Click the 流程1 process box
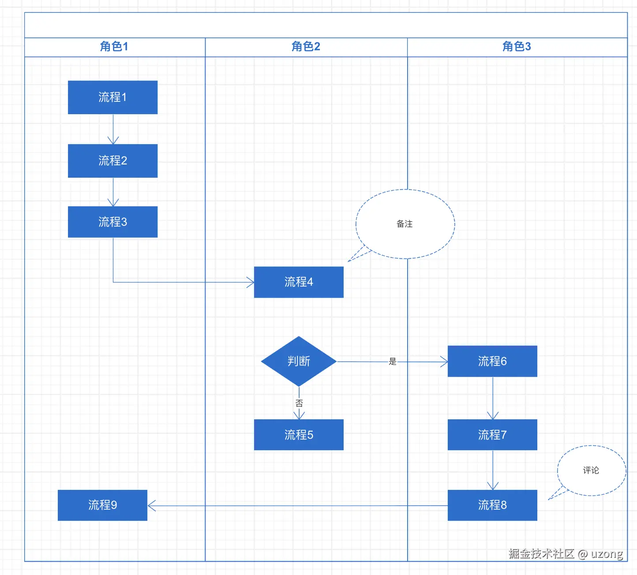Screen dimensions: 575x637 (x=112, y=97)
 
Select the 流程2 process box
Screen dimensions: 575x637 (x=112, y=161)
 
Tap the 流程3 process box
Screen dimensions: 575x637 (x=112, y=222)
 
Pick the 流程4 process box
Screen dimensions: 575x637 (x=299, y=282)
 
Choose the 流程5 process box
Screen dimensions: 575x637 (x=299, y=435)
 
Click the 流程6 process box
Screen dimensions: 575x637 (x=492, y=361)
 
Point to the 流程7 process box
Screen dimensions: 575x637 (x=492, y=435)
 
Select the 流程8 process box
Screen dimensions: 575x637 (x=492, y=505)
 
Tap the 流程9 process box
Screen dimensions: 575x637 (x=102, y=505)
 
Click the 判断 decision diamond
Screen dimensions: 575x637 (x=299, y=362)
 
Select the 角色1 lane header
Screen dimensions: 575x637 (x=114, y=47)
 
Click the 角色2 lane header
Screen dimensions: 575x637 (x=306, y=47)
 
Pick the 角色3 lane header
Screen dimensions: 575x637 (x=517, y=47)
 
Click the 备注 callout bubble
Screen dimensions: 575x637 (x=405, y=224)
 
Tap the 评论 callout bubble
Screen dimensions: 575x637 (x=591, y=470)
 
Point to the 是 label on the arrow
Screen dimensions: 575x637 (x=393, y=362)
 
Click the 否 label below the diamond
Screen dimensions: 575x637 (x=299, y=403)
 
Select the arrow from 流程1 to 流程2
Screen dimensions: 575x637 (x=113, y=129)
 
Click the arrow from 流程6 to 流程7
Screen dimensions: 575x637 (x=493, y=398)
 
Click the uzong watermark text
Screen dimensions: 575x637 (x=607, y=554)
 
